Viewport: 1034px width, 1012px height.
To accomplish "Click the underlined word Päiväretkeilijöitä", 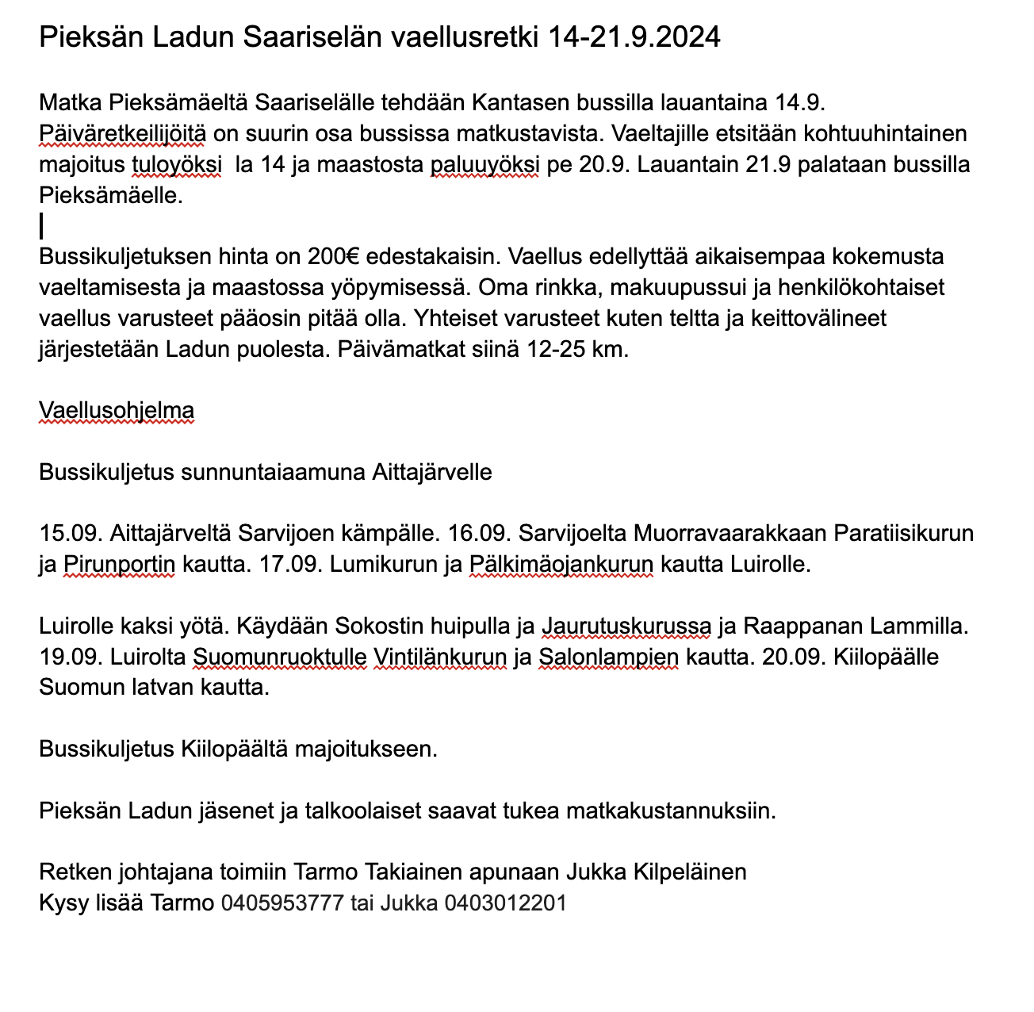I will pos(123,134).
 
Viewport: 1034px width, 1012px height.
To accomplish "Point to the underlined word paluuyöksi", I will pos(484,165).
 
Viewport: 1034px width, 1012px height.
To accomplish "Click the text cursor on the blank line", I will pos(41,227).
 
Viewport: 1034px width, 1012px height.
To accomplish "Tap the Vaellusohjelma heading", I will pos(117,411).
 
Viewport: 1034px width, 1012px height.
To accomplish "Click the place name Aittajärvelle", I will pos(431,473).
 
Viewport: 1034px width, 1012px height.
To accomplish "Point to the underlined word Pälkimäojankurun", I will pos(561,565).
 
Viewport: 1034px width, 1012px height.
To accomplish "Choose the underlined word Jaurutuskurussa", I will pos(626,627).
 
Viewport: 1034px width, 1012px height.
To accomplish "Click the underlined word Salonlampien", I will pos(608,657).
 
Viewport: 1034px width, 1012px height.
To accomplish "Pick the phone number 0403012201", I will pos(506,903).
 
